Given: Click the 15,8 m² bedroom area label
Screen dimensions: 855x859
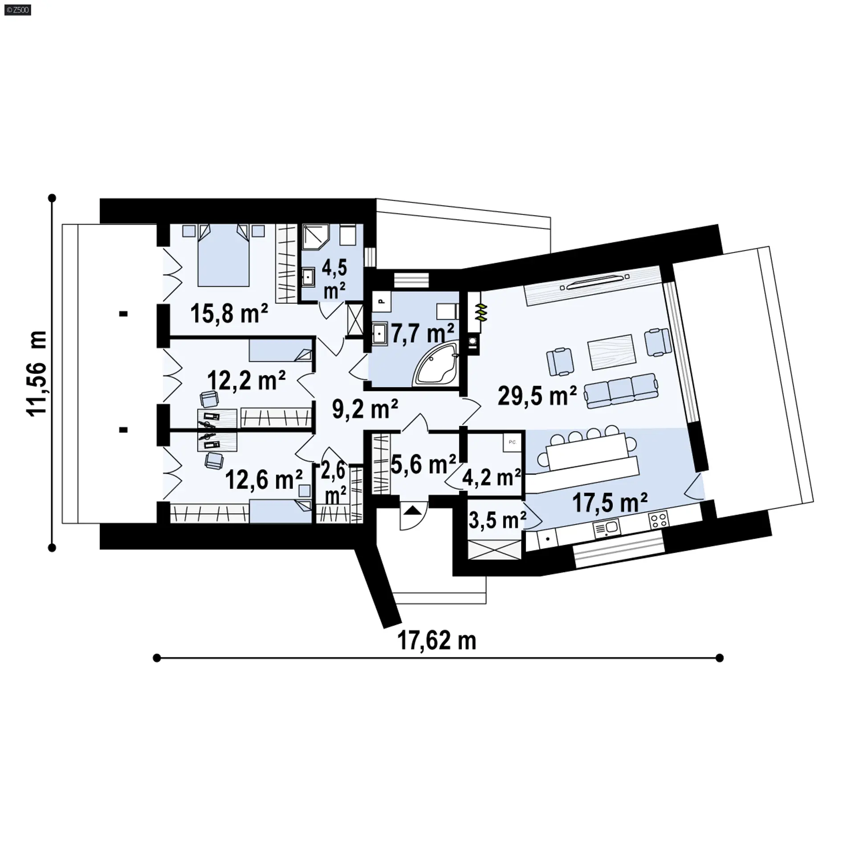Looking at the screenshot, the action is [x=229, y=313].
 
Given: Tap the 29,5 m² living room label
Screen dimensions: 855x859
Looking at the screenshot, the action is [x=537, y=395].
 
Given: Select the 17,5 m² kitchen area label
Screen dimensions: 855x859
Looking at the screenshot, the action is [x=610, y=503].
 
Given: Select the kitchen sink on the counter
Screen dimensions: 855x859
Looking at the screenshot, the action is [x=606, y=528].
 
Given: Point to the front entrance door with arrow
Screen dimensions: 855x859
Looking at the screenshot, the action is [x=414, y=515].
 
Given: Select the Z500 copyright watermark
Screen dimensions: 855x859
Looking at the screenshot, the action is [x=16, y=9].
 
